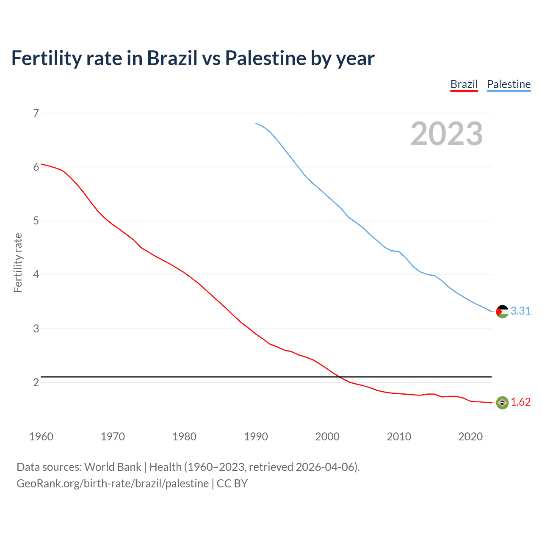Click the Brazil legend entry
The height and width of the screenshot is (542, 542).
coord(464,84)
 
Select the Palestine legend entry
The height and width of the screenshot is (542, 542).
coord(509,84)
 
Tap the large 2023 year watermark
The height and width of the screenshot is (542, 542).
coord(446,134)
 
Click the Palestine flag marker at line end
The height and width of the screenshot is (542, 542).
coord(502,311)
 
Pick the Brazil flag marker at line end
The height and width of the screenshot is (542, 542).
coord(502,403)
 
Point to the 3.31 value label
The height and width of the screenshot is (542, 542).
coord(520,311)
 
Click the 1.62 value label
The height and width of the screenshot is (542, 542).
coord(520,402)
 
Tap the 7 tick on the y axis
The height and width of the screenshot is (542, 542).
coord(36,113)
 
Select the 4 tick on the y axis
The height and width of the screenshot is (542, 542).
coord(36,275)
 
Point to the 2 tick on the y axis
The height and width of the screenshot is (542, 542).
coord(36,382)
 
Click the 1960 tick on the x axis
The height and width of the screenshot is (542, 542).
coord(41,437)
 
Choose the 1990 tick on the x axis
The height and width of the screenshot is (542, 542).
coord(256,437)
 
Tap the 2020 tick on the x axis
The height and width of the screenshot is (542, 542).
coord(470,437)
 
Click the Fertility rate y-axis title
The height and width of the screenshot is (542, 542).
coord(18,263)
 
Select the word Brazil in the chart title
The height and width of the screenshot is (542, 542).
coord(172,58)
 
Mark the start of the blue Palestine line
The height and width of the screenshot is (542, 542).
coord(256,123)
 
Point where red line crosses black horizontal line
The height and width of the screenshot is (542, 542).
coord(340,376)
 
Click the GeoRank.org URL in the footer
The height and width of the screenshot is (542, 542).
coord(113,484)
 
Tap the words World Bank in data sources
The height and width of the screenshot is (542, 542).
coord(113,467)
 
